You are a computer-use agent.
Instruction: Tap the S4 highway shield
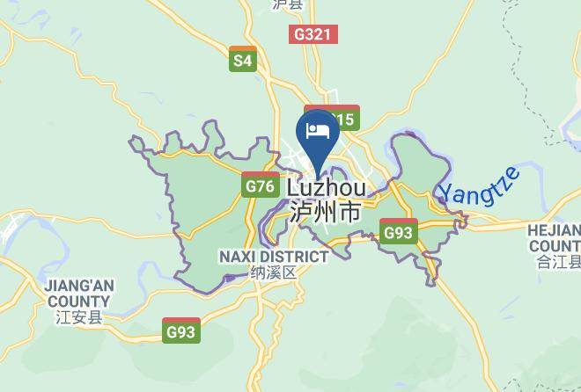[x=242, y=60]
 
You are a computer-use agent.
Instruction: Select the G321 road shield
[x=313, y=34]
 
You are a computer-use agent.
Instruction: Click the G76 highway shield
[x=260, y=185]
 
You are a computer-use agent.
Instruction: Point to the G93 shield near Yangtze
[x=399, y=233]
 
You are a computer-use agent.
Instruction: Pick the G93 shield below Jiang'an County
[x=181, y=331]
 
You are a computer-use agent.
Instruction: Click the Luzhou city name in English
[x=327, y=188]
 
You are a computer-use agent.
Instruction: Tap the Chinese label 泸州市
[x=325, y=212]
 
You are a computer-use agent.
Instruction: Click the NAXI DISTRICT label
[x=273, y=256]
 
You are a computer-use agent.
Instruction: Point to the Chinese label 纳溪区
[x=273, y=272]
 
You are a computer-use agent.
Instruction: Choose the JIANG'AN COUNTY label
[x=79, y=293]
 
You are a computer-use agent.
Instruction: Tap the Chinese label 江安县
[x=78, y=316]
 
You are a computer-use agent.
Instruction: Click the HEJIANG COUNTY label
[x=555, y=237]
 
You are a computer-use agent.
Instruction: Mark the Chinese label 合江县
[x=558, y=262]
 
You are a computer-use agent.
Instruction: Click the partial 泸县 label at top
[x=287, y=4]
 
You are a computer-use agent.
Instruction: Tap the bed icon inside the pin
[x=318, y=132]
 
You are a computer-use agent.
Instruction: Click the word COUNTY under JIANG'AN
[x=78, y=301]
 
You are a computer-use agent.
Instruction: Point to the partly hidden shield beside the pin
[x=344, y=120]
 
